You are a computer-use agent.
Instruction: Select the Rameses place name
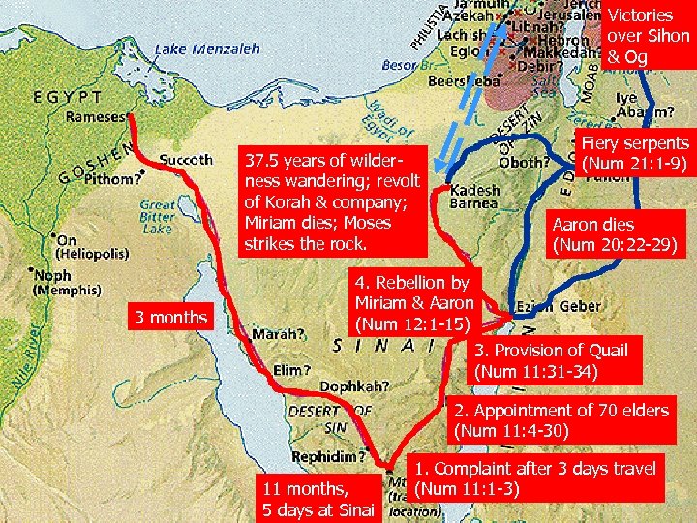(x=95, y=117)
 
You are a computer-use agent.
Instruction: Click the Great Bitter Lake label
(x=157, y=217)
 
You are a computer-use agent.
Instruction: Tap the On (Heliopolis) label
(x=93, y=247)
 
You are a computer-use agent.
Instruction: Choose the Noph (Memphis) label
(x=68, y=282)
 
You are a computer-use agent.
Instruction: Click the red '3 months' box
(x=170, y=317)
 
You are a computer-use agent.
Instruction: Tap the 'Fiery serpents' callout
(x=634, y=152)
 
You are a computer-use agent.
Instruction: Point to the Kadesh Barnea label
(x=474, y=198)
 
